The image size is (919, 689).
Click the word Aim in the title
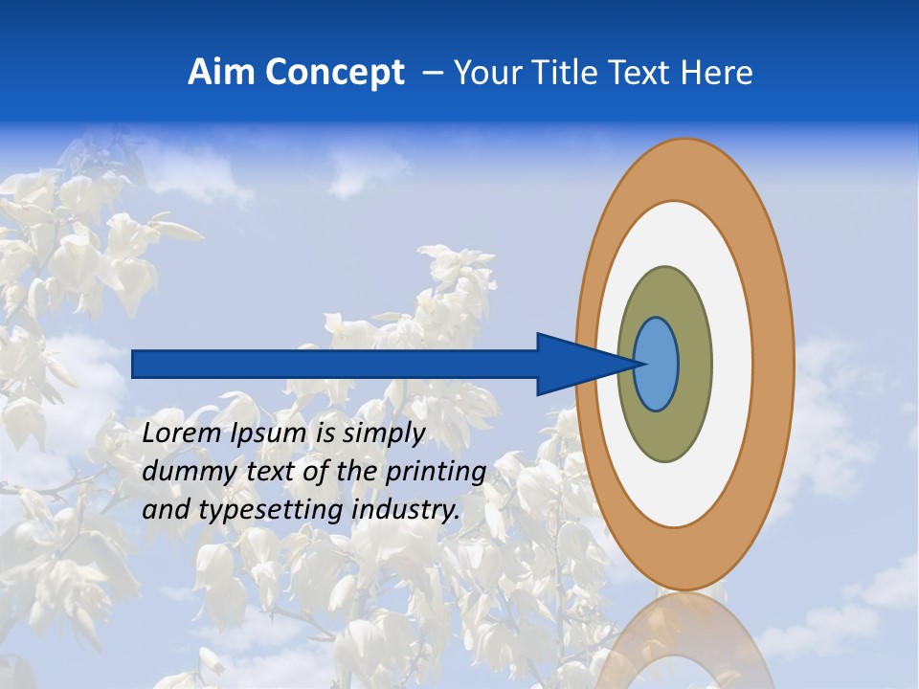pyautogui.click(x=220, y=73)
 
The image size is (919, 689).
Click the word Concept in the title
pyautogui.click(x=333, y=73)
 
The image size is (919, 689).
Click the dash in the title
pyautogui.click(x=431, y=74)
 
